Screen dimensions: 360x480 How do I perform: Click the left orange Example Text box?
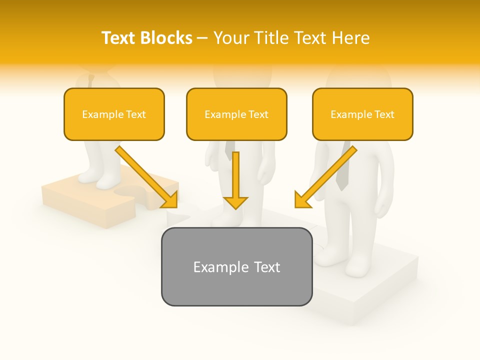(114, 114)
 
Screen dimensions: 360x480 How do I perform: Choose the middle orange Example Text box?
(236, 114)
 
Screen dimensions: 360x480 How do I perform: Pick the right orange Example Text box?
(362, 114)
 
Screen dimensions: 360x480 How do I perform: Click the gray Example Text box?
(236, 266)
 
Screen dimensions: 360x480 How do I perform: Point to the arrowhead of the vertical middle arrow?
(235, 202)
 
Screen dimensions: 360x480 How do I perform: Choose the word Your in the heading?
(230, 38)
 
